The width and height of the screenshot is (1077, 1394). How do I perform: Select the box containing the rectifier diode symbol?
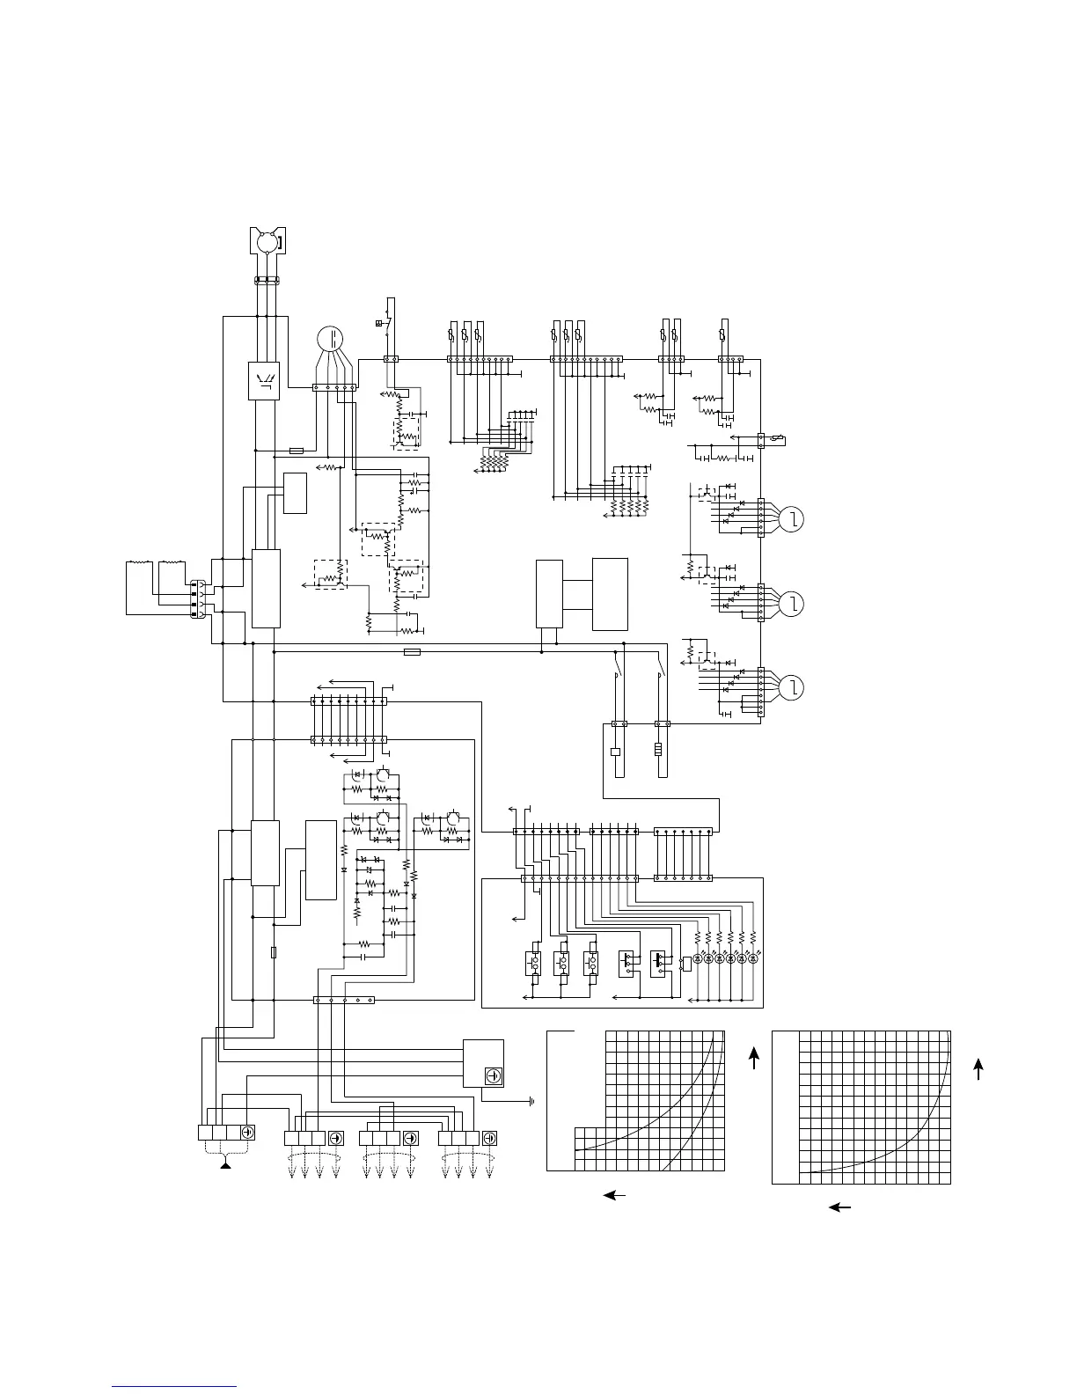pyautogui.click(x=265, y=380)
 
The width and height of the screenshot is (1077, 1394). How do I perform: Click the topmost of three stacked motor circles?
pyautogui.click(x=792, y=520)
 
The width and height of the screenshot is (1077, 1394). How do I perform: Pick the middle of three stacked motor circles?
pyautogui.click(x=792, y=604)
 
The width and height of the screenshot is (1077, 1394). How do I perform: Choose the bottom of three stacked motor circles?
pyautogui.click(x=792, y=686)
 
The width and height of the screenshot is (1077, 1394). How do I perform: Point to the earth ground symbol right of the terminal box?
pyautogui.click(x=531, y=1101)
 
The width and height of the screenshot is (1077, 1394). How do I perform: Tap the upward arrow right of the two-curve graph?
pyautogui.click(x=754, y=1057)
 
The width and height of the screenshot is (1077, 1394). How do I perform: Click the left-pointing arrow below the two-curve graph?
pyautogui.click(x=615, y=1195)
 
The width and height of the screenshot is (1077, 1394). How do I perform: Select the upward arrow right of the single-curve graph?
pyautogui.click(x=978, y=1068)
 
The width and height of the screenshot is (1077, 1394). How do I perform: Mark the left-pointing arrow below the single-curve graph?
pyautogui.click(x=840, y=1207)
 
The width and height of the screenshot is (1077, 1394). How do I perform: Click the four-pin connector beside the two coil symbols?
pyautogui.click(x=199, y=598)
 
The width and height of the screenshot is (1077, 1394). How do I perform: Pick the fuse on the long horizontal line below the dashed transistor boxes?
pyautogui.click(x=411, y=652)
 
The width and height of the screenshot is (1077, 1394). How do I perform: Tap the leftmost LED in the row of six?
pyautogui.click(x=698, y=959)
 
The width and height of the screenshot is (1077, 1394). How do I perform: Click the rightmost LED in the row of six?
pyautogui.click(x=753, y=959)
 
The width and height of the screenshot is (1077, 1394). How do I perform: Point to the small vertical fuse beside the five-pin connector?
pyautogui.click(x=275, y=952)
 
